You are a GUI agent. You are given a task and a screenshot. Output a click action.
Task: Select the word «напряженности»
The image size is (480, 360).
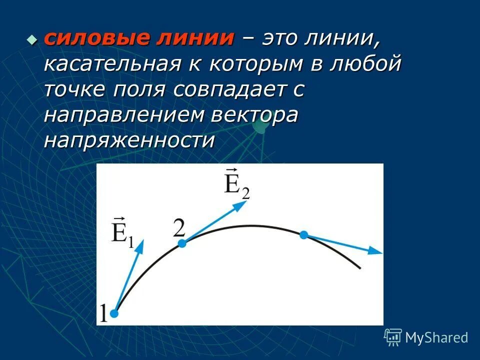tap(129, 141)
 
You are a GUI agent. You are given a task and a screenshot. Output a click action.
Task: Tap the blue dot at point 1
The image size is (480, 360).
tap(114, 313)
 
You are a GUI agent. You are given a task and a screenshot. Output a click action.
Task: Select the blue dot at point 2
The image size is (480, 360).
tap(182, 243)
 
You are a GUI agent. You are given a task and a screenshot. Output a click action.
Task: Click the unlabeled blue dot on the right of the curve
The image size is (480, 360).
tap(303, 234)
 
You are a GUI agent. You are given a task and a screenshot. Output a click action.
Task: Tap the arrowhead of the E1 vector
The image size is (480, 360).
tap(140, 245)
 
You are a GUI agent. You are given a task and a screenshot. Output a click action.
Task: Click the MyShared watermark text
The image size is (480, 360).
tap(436, 337)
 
